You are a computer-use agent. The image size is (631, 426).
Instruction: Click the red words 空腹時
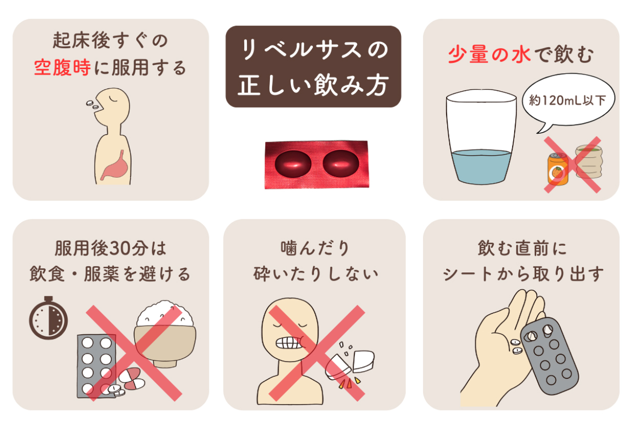[62, 68]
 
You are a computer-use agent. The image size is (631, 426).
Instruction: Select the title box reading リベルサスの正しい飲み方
[313, 67]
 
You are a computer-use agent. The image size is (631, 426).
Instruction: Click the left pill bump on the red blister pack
[293, 164]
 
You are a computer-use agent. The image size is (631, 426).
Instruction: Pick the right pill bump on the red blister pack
[341, 163]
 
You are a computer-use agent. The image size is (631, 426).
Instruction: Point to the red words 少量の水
[489, 54]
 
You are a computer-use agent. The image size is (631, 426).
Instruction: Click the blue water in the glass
[481, 167]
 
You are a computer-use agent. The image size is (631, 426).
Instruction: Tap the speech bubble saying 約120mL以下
[568, 101]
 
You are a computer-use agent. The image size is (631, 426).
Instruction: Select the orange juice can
[558, 169]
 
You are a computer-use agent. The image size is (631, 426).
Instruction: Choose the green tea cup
[589, 162]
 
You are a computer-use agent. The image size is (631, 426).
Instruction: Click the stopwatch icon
[48, 317]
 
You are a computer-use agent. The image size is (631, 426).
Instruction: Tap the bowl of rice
[165, 334]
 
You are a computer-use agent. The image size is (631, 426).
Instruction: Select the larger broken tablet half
[364, 361]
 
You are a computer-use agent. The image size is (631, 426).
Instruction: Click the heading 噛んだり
[315, 248]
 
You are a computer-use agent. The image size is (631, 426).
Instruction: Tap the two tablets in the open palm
[517, 346]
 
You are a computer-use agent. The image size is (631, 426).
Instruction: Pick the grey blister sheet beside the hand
[549, 356]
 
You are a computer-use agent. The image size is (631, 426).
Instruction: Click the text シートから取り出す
[523, 274]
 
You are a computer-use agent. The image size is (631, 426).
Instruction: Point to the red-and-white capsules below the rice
[132, 378]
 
